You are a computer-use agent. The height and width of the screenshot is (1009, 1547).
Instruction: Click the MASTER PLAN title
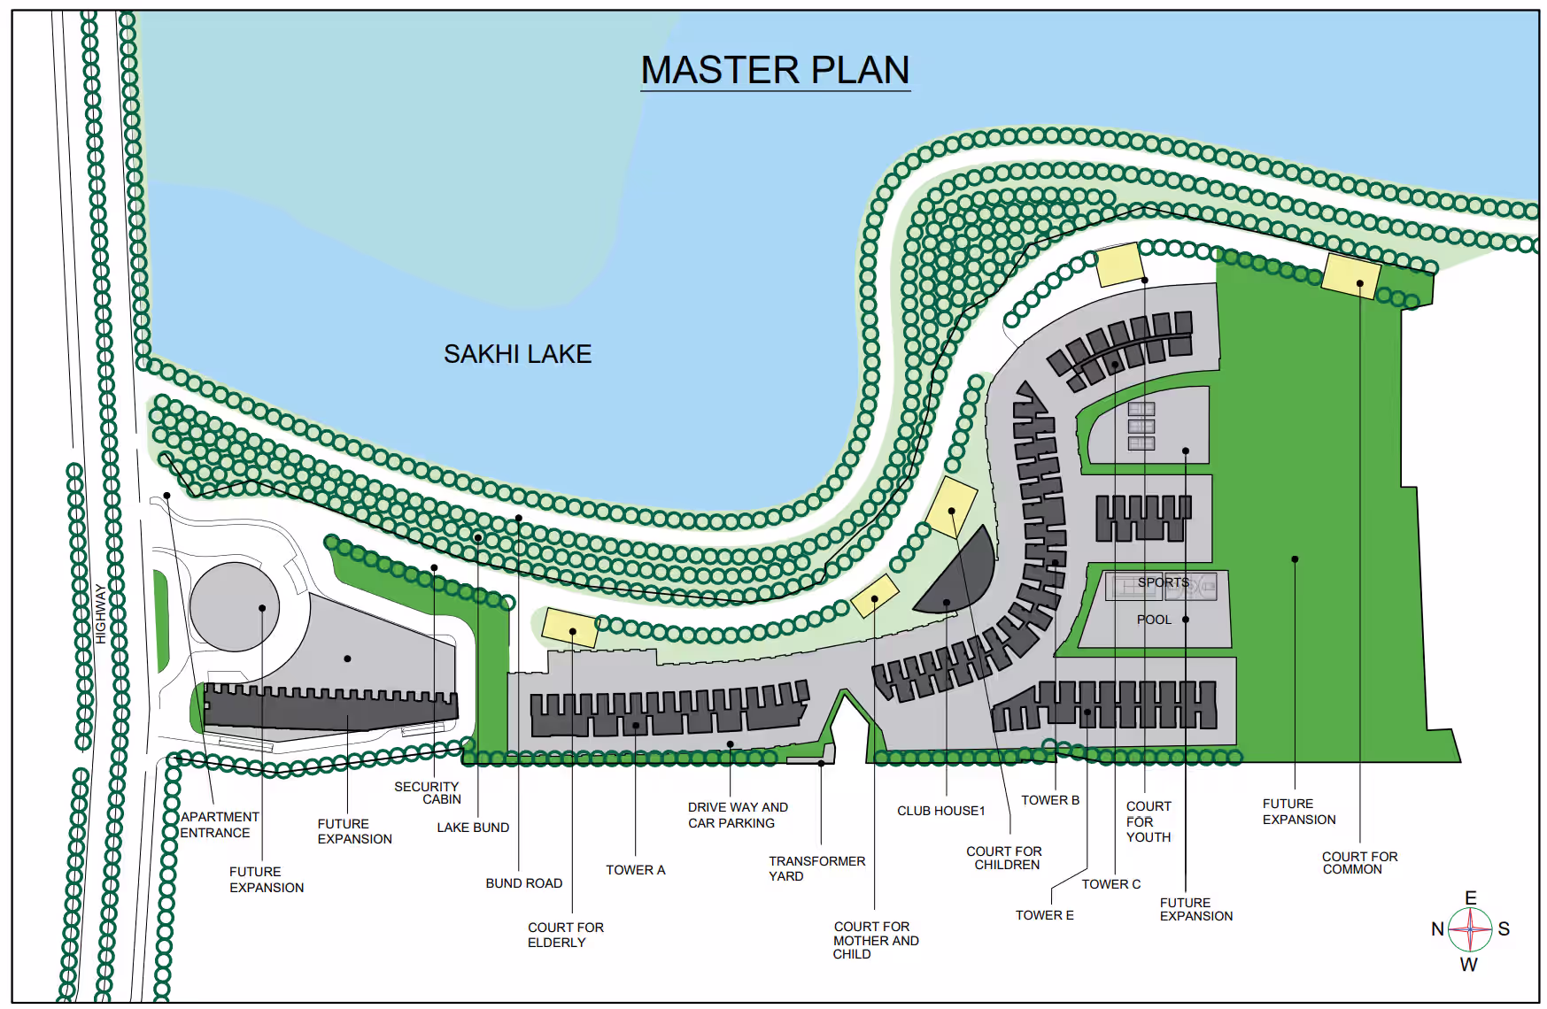tap(775, 70)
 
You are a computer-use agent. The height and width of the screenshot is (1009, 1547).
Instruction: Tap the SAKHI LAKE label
tap(517, 354)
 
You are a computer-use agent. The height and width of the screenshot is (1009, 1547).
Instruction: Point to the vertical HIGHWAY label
tap(100, 613)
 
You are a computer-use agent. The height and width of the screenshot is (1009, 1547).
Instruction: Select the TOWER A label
tap(635, 870)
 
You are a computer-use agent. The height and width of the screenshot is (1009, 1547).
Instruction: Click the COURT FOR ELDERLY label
tap(566, 935)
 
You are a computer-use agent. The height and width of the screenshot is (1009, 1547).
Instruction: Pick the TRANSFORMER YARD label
tap(816, 868)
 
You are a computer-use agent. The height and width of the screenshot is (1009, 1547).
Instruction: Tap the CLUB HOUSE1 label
tap(940, 811)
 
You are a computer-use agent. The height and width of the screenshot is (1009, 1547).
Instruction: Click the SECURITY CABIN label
tap(428, 792)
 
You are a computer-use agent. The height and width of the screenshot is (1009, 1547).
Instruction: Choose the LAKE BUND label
tap(473, 828)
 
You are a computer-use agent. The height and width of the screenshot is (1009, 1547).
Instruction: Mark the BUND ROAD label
tap(523, 883)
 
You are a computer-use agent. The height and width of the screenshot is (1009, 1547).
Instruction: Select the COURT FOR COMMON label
tap(1359, 863)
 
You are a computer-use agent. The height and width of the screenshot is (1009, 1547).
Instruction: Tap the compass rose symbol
tap(1470, 929)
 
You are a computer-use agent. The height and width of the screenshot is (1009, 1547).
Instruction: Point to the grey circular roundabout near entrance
tap(235, 607)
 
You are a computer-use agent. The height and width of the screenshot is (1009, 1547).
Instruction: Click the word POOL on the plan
tap(1154, 620)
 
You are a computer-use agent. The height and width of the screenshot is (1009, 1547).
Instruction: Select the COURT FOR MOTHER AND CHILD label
tap(876, 940)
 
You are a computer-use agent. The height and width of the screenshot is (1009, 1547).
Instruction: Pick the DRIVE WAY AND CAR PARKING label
tap(738, 815)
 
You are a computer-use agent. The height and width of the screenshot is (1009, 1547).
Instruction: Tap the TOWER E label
tap(1044, 915)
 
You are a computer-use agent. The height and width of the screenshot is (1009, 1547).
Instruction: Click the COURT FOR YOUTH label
tap(1149, 821)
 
